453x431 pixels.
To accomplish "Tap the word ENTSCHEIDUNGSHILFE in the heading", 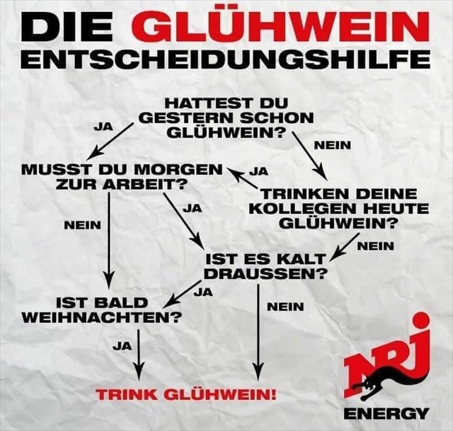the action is click(x=225, y=59).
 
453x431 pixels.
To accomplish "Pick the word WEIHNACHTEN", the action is click(x=101, y=317).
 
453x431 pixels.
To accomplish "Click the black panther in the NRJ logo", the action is click(x=379, y=386).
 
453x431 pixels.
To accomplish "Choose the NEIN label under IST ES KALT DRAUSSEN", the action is click(x=285, y=306).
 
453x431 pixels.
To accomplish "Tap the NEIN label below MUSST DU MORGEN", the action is click(x=82, y=224).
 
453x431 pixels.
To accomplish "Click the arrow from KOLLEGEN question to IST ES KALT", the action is click(x=344, y=247).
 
